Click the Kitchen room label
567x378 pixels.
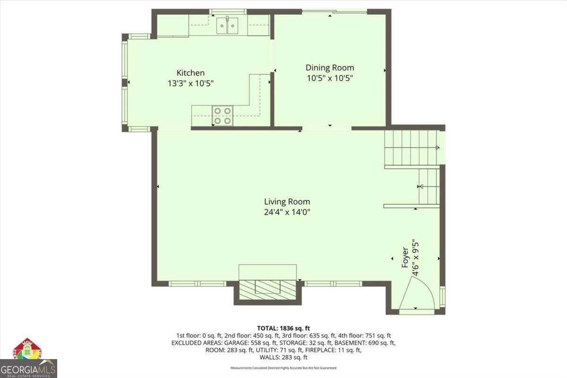click(x=190, y=73)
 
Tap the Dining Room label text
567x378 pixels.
click(x=329, y=68)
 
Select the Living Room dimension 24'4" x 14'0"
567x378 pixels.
click(x=287, y=212)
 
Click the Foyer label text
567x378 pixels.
click(x=405, y=258)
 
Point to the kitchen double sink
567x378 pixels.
click(x=227, y=26)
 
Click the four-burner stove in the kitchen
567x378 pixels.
click(x=223, y=115)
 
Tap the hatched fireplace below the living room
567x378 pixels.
click(x=267, y=289)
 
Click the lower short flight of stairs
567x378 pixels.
click(x=429, y=186)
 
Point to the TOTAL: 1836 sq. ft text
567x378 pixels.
click(x=283, y=328)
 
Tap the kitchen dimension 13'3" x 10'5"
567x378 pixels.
click(x=190, y=83)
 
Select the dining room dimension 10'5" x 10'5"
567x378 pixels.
click(x=329, y=78)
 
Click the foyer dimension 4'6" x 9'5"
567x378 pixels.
click(x=415, y=258)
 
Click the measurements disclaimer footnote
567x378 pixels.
click(x=283, y=368)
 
